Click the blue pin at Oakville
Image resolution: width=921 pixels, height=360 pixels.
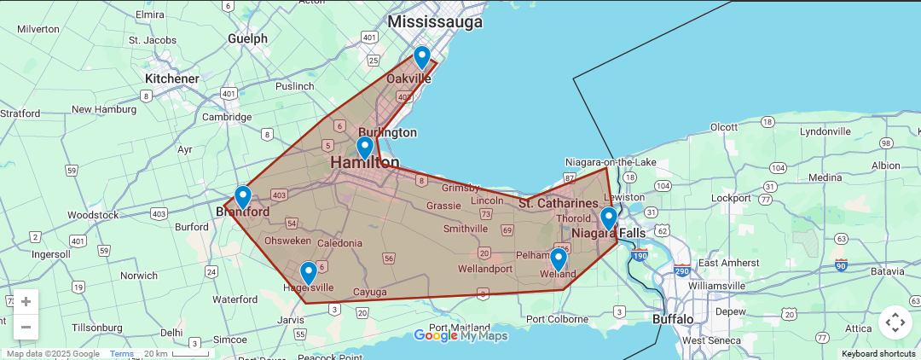pos(421,57)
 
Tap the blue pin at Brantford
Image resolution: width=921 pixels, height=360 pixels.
pos(243,197)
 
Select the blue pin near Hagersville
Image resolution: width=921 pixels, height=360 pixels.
pos(309,273)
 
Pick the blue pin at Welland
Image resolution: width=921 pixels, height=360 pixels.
pos(559,258)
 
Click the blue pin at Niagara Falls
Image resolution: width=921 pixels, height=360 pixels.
pos(608,218)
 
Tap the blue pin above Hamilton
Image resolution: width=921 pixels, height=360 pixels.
pos(365,147)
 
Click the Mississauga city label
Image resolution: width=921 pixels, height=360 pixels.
pos(435,21)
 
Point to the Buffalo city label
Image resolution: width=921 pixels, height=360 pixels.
pos(673,319)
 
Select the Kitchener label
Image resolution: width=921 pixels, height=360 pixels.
pos(171,78)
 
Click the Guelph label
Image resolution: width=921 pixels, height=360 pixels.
pos(247,38)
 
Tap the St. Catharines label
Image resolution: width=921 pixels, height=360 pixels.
pos(558,203)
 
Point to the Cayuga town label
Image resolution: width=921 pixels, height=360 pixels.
pos(369,292)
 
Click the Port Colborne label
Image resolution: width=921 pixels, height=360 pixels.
pos(558,320)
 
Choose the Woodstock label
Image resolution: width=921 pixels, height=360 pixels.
pos(93,215)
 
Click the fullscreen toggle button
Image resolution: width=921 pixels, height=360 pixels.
pos(895,322)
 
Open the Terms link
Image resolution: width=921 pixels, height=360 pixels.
pos(121,354)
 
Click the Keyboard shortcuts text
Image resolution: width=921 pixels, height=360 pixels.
pos(878,354)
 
